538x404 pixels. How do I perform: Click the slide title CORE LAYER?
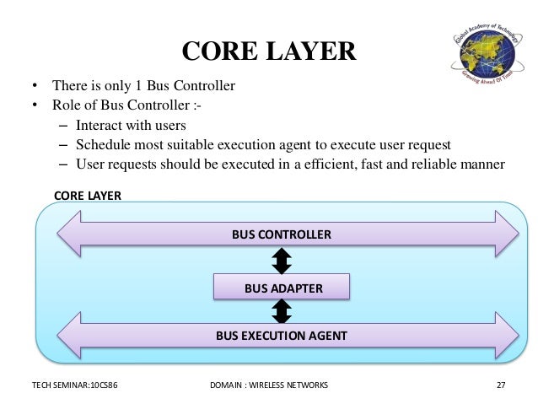(x=269, y=51)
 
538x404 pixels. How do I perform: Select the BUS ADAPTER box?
(x=283, y=288)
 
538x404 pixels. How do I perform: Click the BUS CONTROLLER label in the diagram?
(x=282, y=234)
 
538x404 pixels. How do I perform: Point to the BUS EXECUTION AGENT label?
(x=281, y=335)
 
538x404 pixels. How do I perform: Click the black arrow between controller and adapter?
(x=282, y=261)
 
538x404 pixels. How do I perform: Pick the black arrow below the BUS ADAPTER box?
(x=282, y=311)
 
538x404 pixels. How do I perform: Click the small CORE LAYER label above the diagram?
(x=88, y=195)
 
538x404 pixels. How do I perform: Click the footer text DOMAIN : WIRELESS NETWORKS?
(x=268, y=385)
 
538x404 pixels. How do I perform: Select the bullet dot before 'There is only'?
(x=35, y=86)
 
